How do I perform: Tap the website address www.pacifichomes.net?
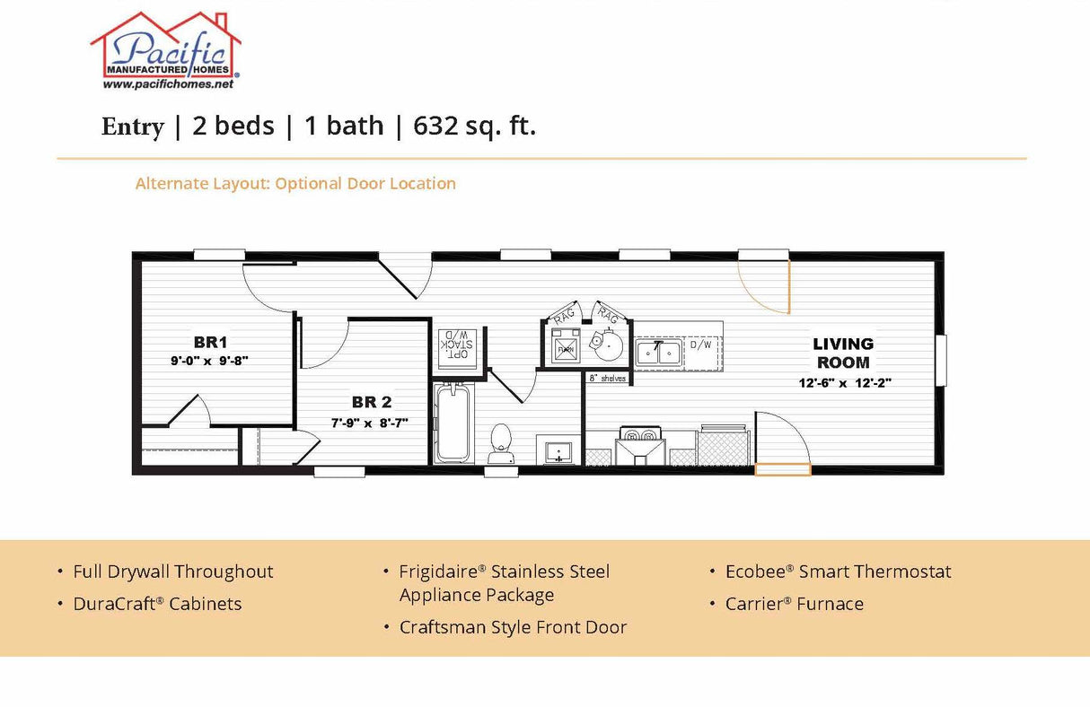pyautogui.click(x=168, y=84)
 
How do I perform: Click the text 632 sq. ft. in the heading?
pyautogui.click(x=474, y=127)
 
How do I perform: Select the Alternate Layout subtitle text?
pyautogui.click(x=295, y=184)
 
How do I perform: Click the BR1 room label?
pyautogui.click(x=210, y=342)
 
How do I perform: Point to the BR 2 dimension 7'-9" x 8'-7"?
pyautogui.click(x=371, y=422)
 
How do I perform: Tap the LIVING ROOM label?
pyautogui.click(x=843, y=353)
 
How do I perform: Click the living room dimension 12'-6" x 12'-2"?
pyautogui.click(x=843, y=382)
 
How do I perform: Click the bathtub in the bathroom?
pyautogui.click(x=453, y=423)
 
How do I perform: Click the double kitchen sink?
pyautogui.click(x=658, y=353)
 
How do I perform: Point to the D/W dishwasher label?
pyautogui.click(x=700, y=345)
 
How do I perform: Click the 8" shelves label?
pyautogui.click(x=606, y=379)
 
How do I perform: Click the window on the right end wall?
pyautogui.click(x=940, y=360)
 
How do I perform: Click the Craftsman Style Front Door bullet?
pyautogui.click(x=513, y=627)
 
